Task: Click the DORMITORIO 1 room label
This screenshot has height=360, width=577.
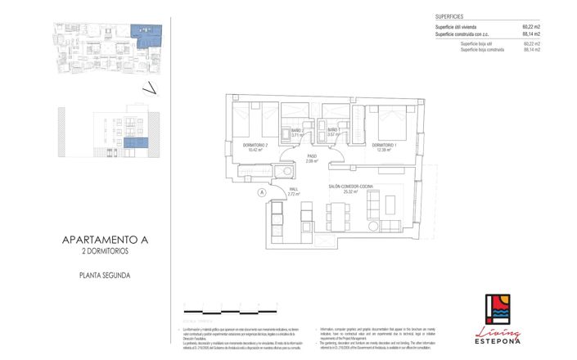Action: click(x=386, y=146)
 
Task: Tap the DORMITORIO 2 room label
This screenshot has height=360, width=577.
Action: click(x=255, y=146)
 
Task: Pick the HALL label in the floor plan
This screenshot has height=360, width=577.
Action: click(x=294, y=190)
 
